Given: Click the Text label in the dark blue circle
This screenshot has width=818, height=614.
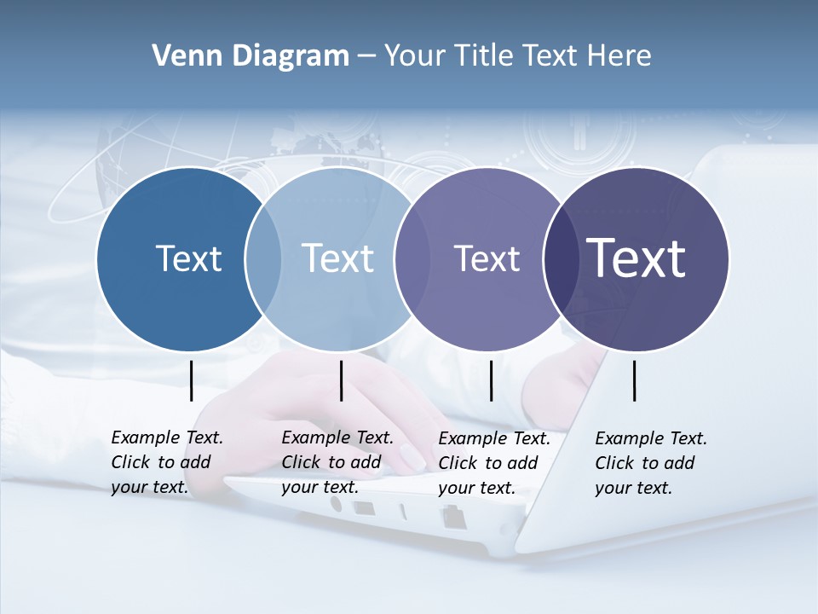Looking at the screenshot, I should (x=188, y=258).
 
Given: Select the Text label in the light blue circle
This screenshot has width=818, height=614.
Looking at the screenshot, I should (x=338, y=258).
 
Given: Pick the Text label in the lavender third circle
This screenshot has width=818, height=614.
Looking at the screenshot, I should (x=487, y=258).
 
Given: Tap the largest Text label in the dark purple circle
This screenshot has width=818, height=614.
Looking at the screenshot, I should (x=637, y=258).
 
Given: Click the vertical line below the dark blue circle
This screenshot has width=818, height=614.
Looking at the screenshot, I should (x=192, y=380).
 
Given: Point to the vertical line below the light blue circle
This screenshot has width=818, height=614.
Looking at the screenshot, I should (x=341, y=380).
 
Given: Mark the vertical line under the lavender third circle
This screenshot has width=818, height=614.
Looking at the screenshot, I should (x=491, y=380).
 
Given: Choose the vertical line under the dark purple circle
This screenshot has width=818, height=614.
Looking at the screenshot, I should (x=634, y=380).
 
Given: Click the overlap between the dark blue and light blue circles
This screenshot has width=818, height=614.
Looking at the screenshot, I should (x=263, y=258).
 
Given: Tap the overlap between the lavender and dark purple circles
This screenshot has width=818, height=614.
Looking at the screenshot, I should (x=558, y=258).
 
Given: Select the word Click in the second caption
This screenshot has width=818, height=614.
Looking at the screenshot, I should (x=301, y=462).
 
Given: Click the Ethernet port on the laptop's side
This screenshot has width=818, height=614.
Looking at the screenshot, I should (x=452, y=515).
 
